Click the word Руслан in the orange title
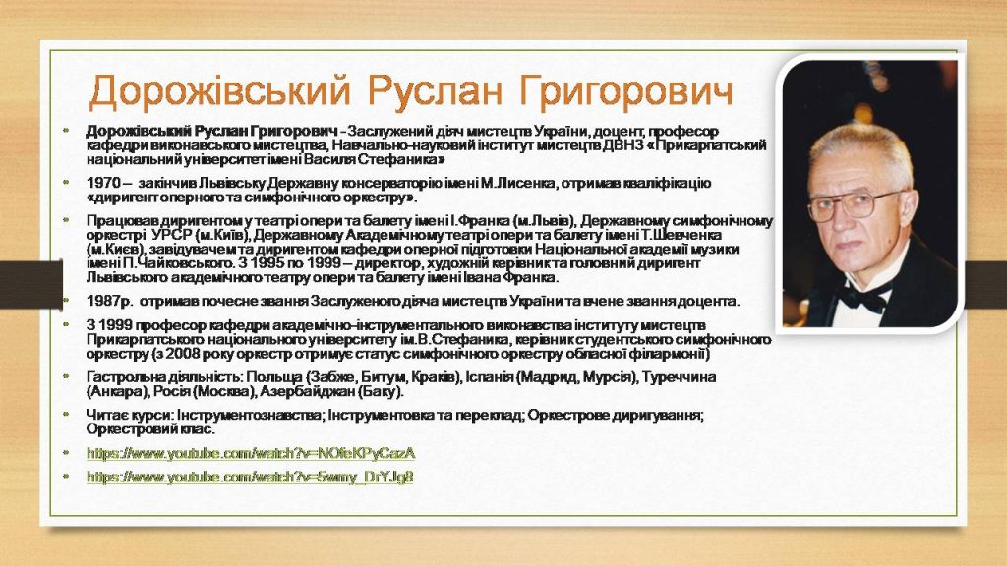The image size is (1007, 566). pos(435,91)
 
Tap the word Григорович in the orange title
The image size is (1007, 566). pos(626,91)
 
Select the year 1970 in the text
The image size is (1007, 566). pos(101,183)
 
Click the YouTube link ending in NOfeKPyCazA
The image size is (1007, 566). pos(251,453)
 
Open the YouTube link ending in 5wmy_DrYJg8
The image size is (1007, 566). pos(250,477)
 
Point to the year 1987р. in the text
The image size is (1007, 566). pos(109,301)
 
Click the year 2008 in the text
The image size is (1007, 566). pos(183,354)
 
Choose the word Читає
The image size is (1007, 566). pos(107,415)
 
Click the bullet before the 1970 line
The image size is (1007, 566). pos(66,182)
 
